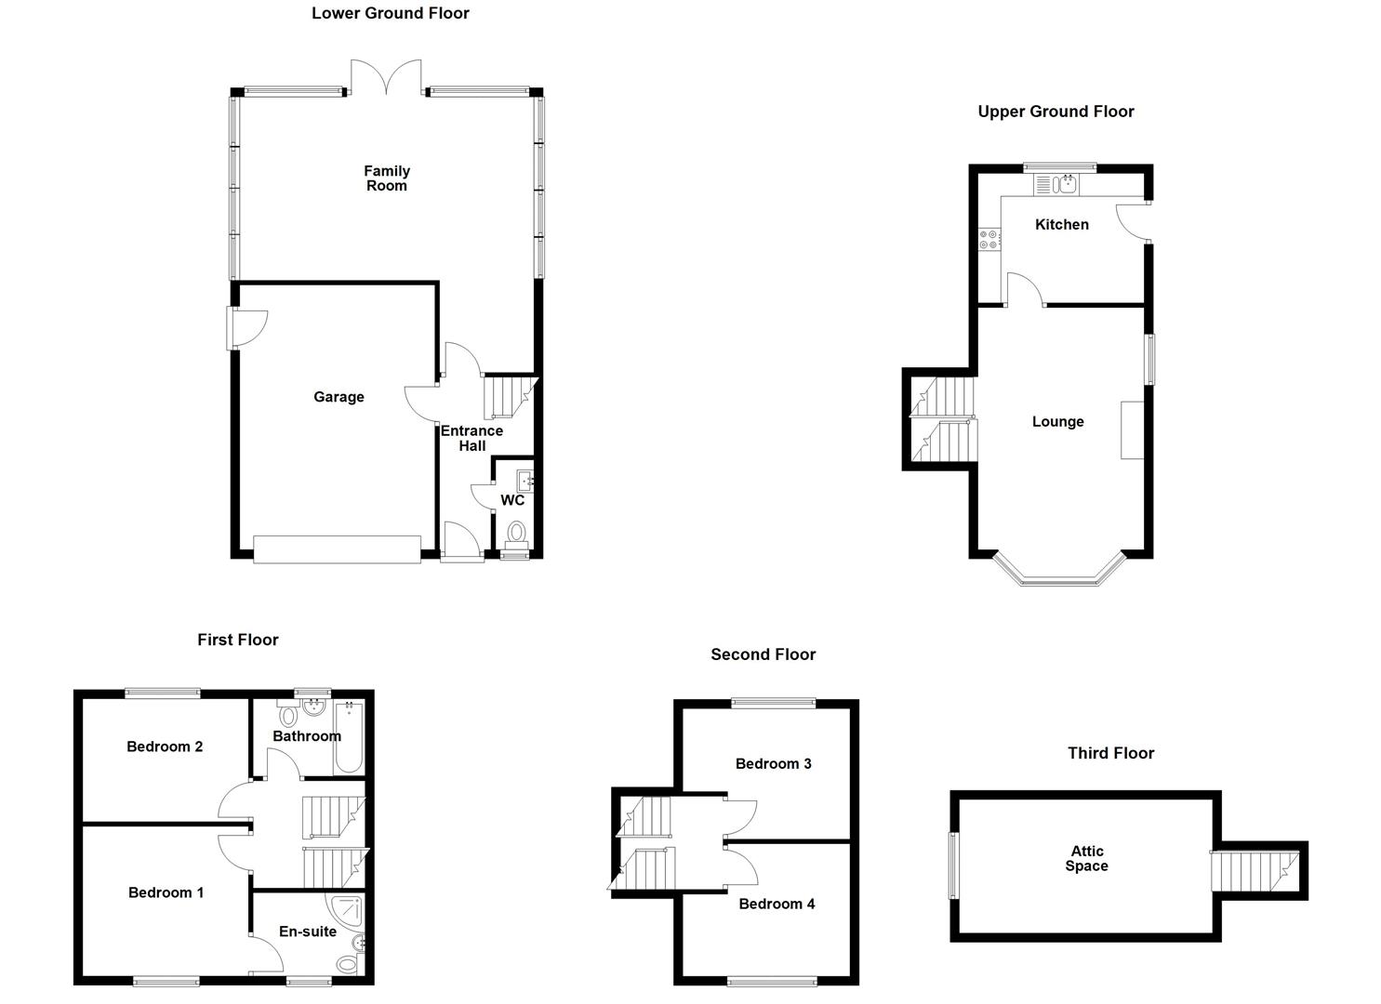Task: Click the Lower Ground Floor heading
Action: (390, 13)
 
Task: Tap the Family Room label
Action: (387, 178)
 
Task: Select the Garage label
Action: (339, 397)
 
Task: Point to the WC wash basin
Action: (525, 481)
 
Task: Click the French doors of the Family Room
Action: (386, 77)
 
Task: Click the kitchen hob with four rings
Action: (989, 239)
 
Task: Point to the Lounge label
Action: (1057, 422)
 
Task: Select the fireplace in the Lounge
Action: (1132, 429)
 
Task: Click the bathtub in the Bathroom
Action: (350, 737)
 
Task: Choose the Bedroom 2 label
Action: (165, 746)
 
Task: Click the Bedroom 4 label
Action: (777, 904)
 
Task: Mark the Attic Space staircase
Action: (1256, 871)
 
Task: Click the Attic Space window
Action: (952, 865)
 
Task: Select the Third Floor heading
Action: (1110, 753)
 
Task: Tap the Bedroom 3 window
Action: (773, 703)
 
